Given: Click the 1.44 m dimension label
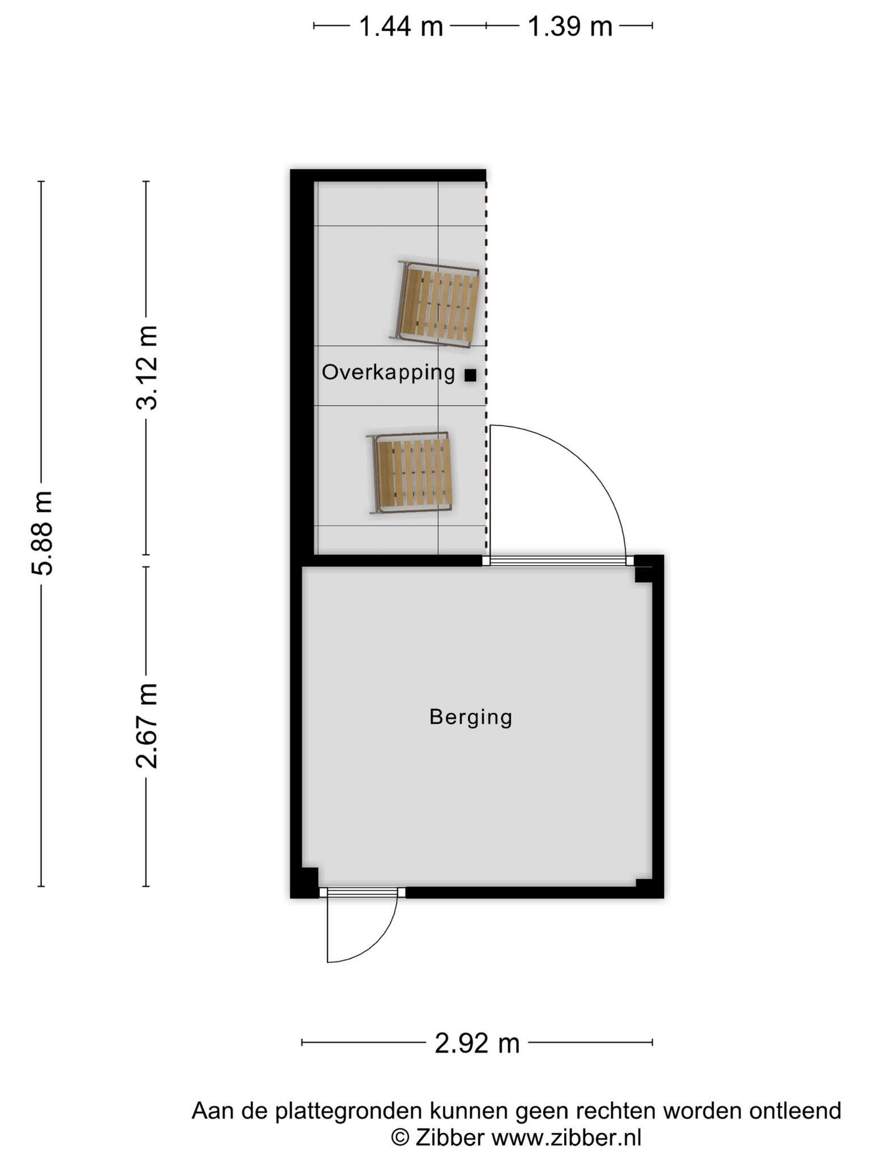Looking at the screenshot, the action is tap(401, 26).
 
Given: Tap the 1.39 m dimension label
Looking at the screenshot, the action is tap(570, 26).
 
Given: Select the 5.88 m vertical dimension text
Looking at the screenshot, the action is tap(42, 533).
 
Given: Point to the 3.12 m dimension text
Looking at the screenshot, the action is tap(146, 367).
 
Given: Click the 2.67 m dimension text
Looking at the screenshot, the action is tap(146, 726).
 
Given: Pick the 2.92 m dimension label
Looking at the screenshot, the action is tap(477, 1043).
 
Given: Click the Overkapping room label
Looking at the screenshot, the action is tap(388, 373).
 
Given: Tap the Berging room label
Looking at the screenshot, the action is tap(471, 717).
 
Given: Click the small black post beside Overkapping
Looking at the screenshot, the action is tap(470, 375).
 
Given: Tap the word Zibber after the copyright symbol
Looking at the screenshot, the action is tap(450, 1137).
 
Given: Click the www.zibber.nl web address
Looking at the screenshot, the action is tap(566, 1137).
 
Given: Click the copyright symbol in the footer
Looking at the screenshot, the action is tap(400, 1138).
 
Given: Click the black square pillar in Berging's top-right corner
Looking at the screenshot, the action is tap(643, 574).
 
